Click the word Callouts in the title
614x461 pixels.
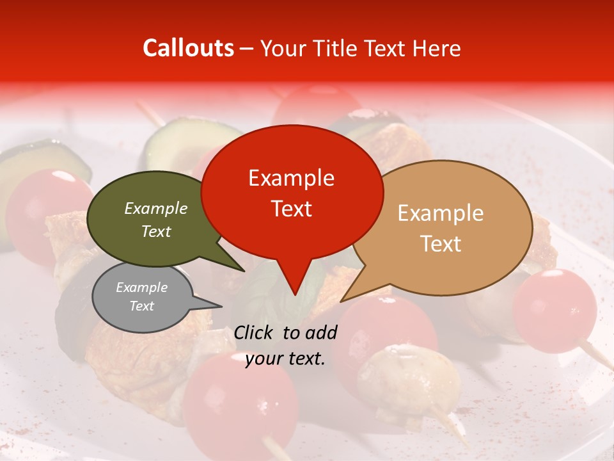[188, 48]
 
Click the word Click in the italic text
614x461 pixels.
[255, 332]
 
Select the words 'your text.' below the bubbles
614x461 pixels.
[285, 359]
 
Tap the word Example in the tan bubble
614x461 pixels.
[441, 213]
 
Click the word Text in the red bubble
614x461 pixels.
[292, 209]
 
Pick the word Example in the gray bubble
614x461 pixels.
[141, 287]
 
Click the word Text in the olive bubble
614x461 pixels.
[156, 231]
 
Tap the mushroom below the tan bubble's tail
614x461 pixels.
[409, 378]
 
